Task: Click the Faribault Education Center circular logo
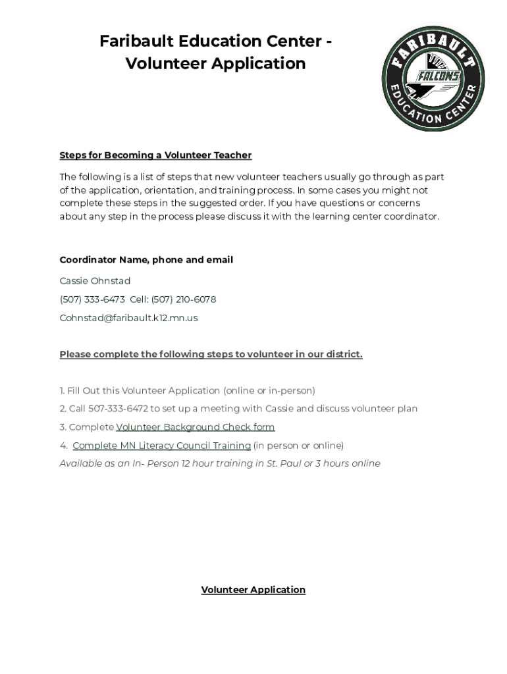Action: coord(433,79)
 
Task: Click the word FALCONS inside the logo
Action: coord(437,76)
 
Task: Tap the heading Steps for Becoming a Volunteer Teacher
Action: coord(155,155)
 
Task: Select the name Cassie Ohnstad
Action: coord(95,281)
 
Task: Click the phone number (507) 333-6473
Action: coord(92,299)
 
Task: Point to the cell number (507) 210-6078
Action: coord(183,299)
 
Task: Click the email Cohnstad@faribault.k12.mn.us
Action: coord(128,318)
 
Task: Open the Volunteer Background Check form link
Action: coord(196,427)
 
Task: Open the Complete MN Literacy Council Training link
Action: coord(161,446)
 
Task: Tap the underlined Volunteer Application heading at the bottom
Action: coord(253,590)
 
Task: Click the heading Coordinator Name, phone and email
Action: coord(146,260)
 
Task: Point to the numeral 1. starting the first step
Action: coord(62,390)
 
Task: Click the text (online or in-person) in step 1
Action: coord(269,390)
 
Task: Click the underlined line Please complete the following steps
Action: coord(211,354)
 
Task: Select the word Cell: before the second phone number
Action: coord(139,299)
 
